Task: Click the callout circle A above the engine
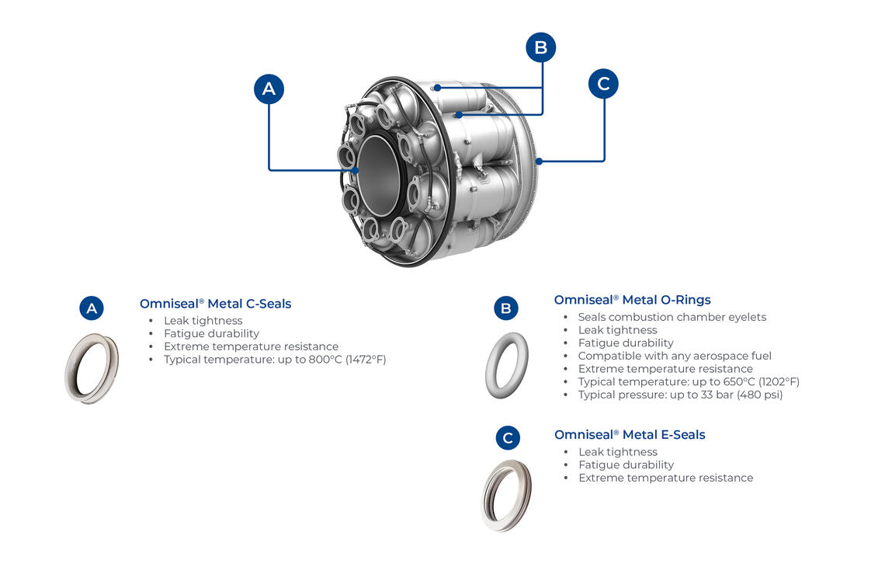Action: pos(269,89)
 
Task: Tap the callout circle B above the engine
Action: pos(541,47)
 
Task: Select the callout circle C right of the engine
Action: pos(603,83)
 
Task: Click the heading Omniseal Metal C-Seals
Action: pos(215,304)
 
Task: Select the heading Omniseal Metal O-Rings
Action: pos(632,300)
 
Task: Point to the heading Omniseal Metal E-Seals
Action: pos(630,435)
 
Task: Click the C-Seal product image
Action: pos(92,367)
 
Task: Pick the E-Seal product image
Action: pos(506,496)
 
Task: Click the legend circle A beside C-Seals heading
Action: pos(92,308)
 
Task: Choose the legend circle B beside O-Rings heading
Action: pos(506,308)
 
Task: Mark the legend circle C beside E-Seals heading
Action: pos(508,438)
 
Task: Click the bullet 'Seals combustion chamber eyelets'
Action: pos(672,317)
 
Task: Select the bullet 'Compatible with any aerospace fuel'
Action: pos(675,356)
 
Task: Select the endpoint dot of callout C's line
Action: pos(539,162)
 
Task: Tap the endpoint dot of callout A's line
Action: pos(356,169)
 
